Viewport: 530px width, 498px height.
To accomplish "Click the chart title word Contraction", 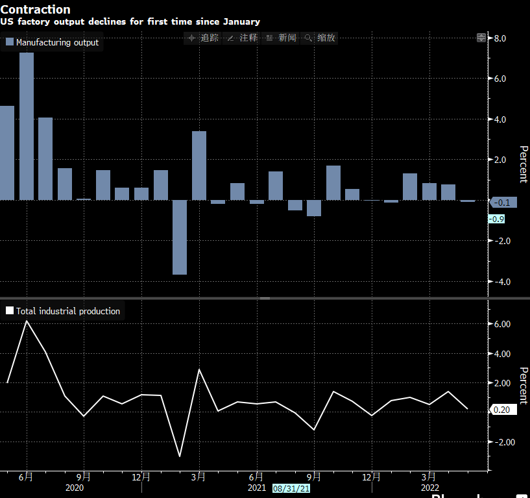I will point(36,9).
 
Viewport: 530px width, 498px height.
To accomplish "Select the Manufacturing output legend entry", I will point(53,42).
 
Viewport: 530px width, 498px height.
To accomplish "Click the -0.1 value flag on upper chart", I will point(501,203).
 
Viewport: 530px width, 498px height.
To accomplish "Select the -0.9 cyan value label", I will point(496,219).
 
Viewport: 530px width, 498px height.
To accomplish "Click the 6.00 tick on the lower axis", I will point(502,324).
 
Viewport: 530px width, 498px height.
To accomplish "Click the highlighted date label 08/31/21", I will point(291,488).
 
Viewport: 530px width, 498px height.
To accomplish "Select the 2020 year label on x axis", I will point(75,488).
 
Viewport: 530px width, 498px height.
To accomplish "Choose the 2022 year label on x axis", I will point(430,488).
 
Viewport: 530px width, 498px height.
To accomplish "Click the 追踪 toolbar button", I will point(204,38).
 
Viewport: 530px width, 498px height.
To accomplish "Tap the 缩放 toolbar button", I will point(320,38).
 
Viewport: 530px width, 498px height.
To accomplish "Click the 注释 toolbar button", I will point(243,38).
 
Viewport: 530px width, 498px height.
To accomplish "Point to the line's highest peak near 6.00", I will point(27,321).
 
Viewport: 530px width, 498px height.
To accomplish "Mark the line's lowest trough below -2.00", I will point(180,457).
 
